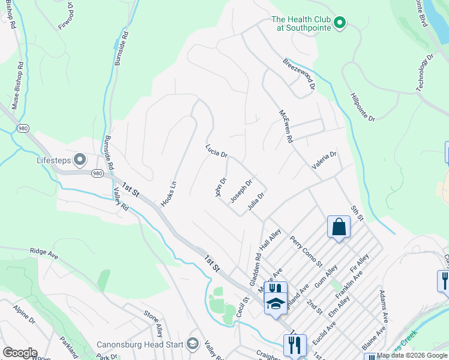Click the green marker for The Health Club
pos(339,23)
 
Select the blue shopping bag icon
pos(339,227)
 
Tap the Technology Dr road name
pos(425,73)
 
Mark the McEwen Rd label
pos(285,126)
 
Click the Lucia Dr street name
pos(216,151)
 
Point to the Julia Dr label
pos(256,201)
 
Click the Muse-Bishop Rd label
pos(17,84)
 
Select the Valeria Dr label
pos(324,160)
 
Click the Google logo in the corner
pos(19,353)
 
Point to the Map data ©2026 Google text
pos(412,355)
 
